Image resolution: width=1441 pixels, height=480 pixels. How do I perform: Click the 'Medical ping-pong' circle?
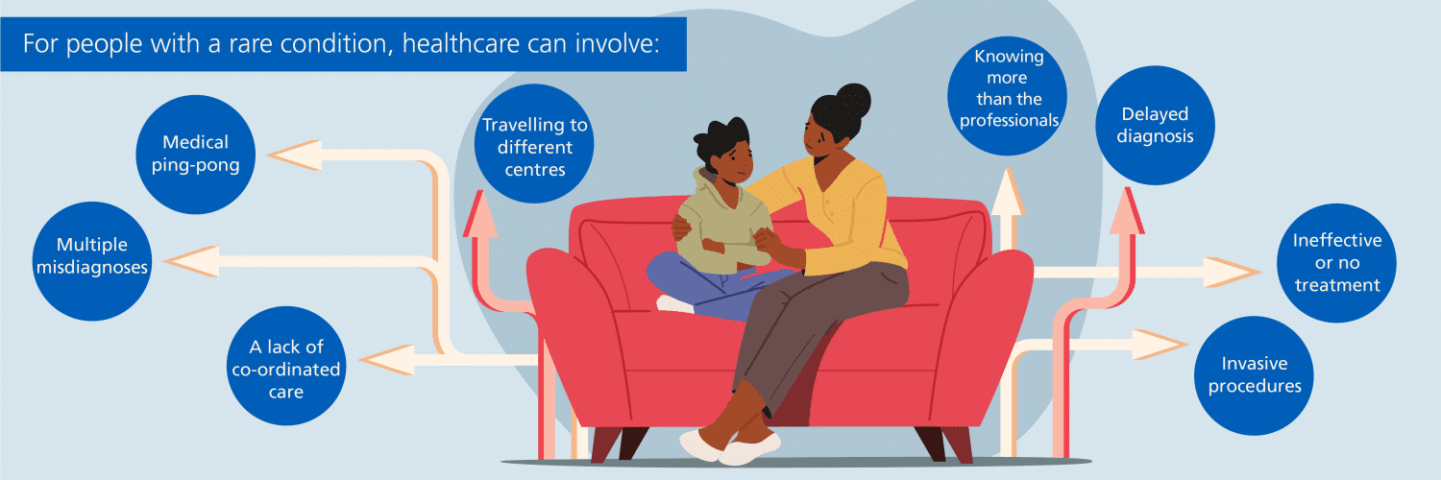pyautogui.click(x=196, y=155)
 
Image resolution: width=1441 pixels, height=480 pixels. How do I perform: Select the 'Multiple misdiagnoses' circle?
pyautogui.click(x=92, y=261)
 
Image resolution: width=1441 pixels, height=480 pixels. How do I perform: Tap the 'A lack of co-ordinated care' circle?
pyautogui.click(x=286, y=366)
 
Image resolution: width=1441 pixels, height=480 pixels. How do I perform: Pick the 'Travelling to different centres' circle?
pyautogui.click(x=534, y=144)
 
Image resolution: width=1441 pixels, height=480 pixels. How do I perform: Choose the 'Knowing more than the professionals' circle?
pyautogui.click(x=1008, y=96)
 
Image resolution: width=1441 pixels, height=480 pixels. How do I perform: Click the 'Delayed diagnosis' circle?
pyautogui.click(x=1156, y=126)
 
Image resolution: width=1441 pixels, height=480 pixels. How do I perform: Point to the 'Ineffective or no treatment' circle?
pyautogui.click(x=1337, y=263)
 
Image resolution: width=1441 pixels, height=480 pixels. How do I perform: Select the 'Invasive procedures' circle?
pyautogui.click(x=1254, y=375)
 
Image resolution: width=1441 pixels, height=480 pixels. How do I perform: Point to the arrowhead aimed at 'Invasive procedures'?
pyautogui.click(x=1160, y=345)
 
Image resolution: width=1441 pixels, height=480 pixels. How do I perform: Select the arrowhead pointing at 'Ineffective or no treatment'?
pyautogui.click(x=1233, y=272)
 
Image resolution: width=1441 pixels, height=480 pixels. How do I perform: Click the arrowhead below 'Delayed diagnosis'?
pyautogui.click(x=1127, y=211)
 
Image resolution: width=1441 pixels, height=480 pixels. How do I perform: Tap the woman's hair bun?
pyautogui.click(x=853, y=101)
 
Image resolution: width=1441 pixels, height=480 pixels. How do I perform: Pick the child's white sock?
pyautogui.click(x=674, y=304)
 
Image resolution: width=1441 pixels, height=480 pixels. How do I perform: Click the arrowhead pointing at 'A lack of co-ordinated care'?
pyautogui.click(x=386, y=360)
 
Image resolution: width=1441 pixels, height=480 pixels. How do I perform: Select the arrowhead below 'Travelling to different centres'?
pyautogui.click(x=480, y=214)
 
